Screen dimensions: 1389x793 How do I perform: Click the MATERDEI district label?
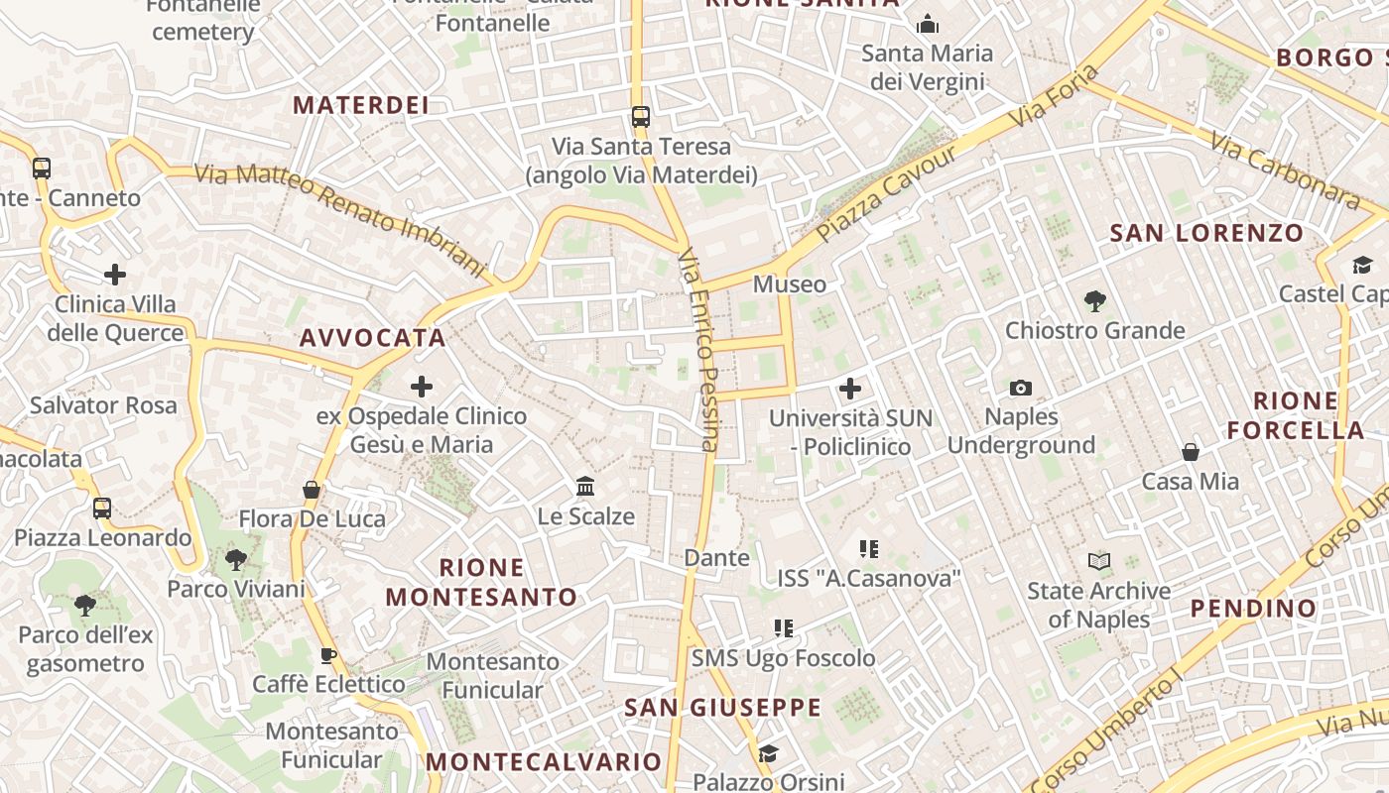pyautogui.click(x=361, y=105)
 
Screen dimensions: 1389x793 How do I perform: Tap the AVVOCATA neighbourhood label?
pyautogui.click(x=373, y=338)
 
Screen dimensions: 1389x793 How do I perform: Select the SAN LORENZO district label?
pyautogui.click(x=1206, y=234)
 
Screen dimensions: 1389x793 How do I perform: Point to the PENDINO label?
pyautogui.click(x=1253, y=608)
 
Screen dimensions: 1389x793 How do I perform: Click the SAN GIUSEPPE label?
pyautogui.click(x=723, y=708)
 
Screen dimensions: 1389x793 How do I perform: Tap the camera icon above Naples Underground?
pyautogui.click(x=1021, y=388)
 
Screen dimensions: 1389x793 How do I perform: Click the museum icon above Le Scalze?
pyautogui.click(x=585, y=487)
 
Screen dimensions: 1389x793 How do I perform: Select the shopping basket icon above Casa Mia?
pyautogui.click(x=1191, y=452)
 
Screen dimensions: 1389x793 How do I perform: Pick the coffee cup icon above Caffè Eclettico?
pyautogui.click(x=328, y=655)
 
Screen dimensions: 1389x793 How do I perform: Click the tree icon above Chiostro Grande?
pyautogui.click(x=1095, y=300)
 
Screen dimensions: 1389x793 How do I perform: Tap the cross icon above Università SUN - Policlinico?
pyautogui.click(x=850, y=389)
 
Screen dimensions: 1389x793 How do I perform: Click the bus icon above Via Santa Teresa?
pyautogui.click(x=641, y=117)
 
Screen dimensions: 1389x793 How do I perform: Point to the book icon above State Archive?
pyautogui.click(x=1099, y=562)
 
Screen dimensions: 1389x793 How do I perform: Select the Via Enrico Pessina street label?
pyautogui.click(x=697, y=350)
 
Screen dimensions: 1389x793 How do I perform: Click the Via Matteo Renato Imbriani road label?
pyautogui.click(x=340, y=220)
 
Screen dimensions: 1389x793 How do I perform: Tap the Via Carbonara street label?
pyautogui.click(x=1285, y=170)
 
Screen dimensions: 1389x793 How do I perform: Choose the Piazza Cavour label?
pyautogui.click(x=888, y=193)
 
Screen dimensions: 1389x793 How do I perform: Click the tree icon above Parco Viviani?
pyautogui.click(x=236, y=560)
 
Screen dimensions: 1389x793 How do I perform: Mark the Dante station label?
pyautogui.click(x=717, y=558)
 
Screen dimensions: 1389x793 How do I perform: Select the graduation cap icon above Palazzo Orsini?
pyautogui.click(x=768, y=754)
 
